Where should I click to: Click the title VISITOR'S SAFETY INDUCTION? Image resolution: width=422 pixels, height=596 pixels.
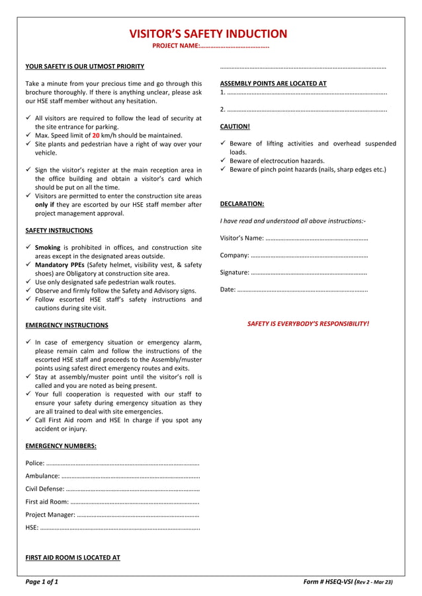click(x=208, y=34)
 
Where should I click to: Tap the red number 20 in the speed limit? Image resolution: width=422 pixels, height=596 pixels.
click(x=96, y=135)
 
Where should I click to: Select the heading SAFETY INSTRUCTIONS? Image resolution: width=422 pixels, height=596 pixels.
click(x=59, y=231)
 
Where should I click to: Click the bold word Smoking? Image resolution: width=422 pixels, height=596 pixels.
click(x=48, y=247)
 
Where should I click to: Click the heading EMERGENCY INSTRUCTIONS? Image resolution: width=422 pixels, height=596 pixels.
click(x=66, y=325)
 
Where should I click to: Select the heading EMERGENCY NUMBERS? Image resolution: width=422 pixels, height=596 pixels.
click(x=60, y=445)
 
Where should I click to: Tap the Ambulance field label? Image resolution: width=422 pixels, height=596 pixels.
click(x=42, y=476)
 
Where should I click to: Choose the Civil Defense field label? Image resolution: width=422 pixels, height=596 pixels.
click(x=44, y=489)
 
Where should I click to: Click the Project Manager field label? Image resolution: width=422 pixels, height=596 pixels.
click(x=50, y=515)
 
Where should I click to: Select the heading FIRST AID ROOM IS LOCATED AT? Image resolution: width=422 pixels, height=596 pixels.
click(x=73, y=558)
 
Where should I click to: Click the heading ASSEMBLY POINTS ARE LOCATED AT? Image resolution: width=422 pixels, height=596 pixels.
click(x=273, y=84)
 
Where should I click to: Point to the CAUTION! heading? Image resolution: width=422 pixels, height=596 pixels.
click(x=235, y=126)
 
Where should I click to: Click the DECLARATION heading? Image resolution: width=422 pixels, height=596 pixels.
click(x=241, y=204)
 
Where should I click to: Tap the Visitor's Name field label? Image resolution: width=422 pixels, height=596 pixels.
click(x=241, y=238)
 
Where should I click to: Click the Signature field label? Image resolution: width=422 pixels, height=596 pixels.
click(x=234, y=272)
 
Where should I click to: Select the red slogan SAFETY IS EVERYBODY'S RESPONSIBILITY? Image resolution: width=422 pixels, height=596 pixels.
click(x=308, y=324)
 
